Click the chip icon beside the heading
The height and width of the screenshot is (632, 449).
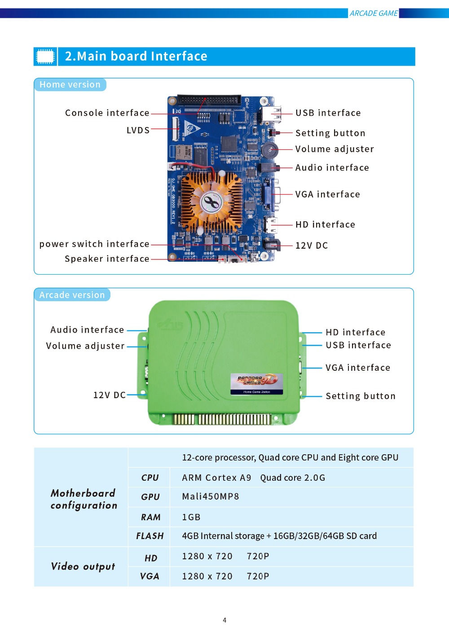tap(45, 57)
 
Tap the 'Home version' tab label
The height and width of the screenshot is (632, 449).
tap(70, 84)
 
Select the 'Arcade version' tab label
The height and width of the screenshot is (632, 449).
tap(72, 295)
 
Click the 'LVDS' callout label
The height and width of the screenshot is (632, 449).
tap(138, 130)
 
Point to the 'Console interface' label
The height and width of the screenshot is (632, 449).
tap(107, 113)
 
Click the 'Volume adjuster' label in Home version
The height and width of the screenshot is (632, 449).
tap(335, 149)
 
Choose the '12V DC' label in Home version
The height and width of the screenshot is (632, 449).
tap(312, 246)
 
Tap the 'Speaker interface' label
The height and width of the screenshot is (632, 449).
tap(107, 259)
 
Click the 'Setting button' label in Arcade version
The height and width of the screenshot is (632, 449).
tap(361, 396)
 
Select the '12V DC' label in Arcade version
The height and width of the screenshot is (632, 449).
tap(109, 395)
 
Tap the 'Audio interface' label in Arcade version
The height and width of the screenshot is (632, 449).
tap(87, 330)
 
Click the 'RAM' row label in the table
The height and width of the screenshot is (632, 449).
tap(150, 517)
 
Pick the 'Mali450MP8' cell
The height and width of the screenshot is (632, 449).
tap(211, 496)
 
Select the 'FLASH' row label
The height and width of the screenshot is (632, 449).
tap(150, 536)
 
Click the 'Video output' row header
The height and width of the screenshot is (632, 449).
tap(83, 566)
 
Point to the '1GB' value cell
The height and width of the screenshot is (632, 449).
tap(191, 517)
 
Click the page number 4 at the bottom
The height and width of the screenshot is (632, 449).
tap(224, 620)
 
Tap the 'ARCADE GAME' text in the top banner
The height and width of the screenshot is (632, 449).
tap(374, 13)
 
